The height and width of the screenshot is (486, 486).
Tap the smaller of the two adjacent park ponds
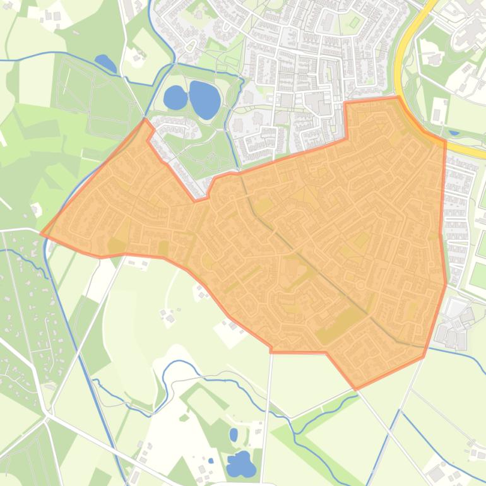point(175,98)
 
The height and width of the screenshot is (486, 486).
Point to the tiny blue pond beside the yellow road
point(454,133)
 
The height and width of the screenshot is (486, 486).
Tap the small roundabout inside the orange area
point(360,285)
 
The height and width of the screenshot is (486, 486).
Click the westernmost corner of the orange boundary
point(42,234)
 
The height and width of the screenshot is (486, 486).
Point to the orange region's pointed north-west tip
point(145,119)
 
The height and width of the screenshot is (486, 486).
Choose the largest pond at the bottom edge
point(241,465)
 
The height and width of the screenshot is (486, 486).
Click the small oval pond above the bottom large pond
point(234,434)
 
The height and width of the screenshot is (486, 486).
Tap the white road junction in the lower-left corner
point(48,416)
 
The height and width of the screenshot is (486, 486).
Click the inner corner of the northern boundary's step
point(347,138)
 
